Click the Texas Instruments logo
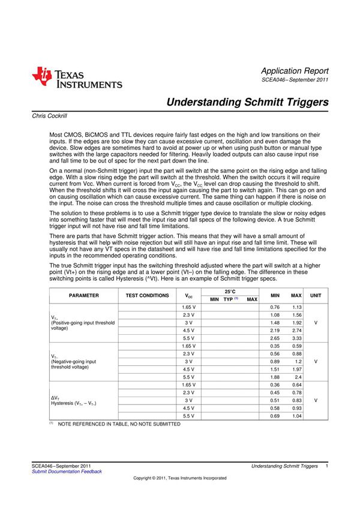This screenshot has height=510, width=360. tap(77, 78)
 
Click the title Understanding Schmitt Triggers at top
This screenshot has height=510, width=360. tap(247, 102)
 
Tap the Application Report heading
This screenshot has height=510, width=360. tap(295, 71)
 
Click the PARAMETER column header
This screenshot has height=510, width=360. tap(83, 295)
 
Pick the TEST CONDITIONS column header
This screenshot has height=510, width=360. tap(147, 295)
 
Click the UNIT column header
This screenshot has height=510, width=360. tap(316, 295)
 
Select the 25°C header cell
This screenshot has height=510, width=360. tap(230, 291)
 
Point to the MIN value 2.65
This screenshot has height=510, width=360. tap(275, 338)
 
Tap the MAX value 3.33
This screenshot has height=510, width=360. tap(296, 338)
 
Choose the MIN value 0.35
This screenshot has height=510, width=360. tap(275, 346)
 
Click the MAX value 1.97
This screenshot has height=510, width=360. tap(296, 369)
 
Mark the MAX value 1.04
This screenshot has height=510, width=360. tap(296, 416)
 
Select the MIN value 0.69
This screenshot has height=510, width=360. tap(275, 416)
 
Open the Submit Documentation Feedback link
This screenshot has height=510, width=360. tap(67, 472)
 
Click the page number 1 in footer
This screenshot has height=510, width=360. tap(326, 466)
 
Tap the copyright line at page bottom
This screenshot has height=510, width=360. tap(180, 478)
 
